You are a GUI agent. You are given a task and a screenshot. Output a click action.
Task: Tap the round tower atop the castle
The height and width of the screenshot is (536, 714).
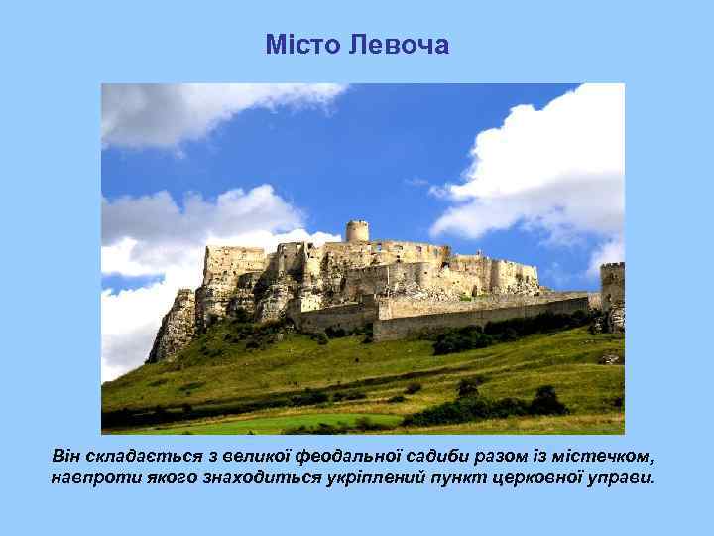click(357, 231)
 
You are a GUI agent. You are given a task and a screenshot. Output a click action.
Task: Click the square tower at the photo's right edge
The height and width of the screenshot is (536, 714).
click(613, 288)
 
